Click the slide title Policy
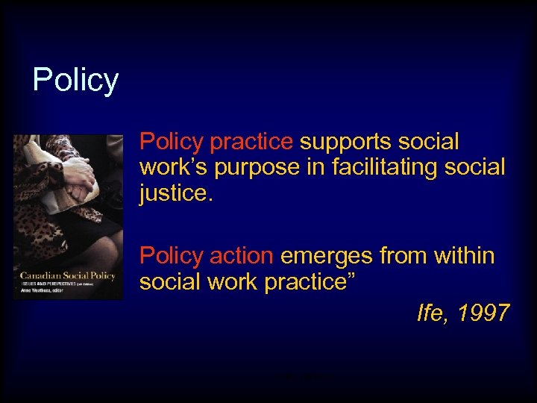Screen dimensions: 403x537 point(75,80)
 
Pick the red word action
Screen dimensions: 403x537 point(241,256)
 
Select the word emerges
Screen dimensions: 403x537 point(327,256)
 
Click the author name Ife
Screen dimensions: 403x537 point(430,313)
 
